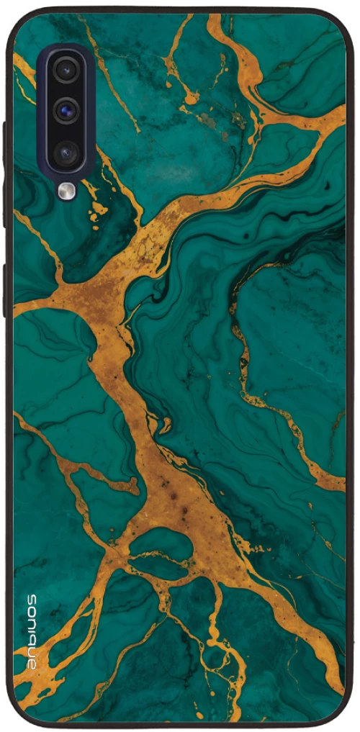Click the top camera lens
pyautogui.click(x=66, y=70)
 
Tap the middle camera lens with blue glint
pyautogui.click(x=66, y=110)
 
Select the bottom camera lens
pyautogui.click(x=66, y=151)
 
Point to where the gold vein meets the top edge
pyautogui.click(x=215, y=16)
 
